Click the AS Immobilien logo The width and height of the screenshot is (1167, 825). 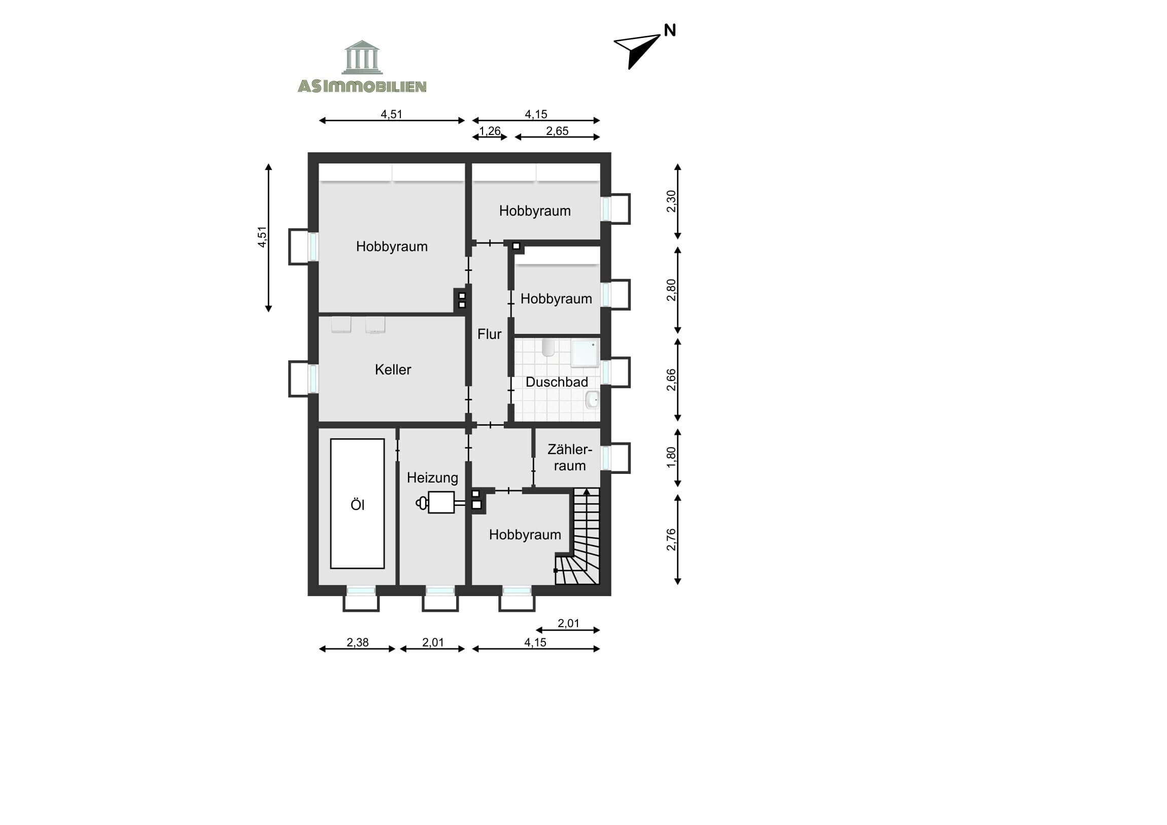pos(362,66)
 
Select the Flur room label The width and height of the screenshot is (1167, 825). pos(490,334)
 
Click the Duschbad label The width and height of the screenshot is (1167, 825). pos(557,382)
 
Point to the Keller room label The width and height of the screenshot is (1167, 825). pos(393,369)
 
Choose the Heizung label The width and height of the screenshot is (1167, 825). pos(432,478)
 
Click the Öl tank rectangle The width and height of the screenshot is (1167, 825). pos(357,504)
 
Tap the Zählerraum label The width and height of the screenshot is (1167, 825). pos(570,458)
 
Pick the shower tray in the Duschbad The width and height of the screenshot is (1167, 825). pos(585,353)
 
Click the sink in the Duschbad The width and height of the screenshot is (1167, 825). pos(592,400)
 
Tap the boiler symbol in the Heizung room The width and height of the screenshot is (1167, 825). pos(440,502)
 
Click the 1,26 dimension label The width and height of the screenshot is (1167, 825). pos(490,131)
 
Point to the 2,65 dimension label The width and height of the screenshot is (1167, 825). pos(557,131)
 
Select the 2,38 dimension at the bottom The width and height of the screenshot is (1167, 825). pos(357,642)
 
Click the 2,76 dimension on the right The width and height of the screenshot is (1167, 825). pos(671,540)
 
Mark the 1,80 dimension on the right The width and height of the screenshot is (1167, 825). pos(671,457)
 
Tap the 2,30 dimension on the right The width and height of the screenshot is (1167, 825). pos(671,201)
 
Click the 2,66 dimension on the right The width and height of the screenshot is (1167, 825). pos(671,380)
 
